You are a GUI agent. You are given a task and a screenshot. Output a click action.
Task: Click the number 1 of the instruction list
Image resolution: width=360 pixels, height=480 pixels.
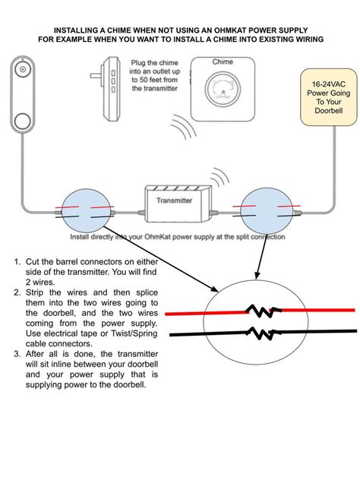coord(17,262)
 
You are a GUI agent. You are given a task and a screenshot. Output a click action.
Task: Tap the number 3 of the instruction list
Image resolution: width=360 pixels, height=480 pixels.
coord(17,353)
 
